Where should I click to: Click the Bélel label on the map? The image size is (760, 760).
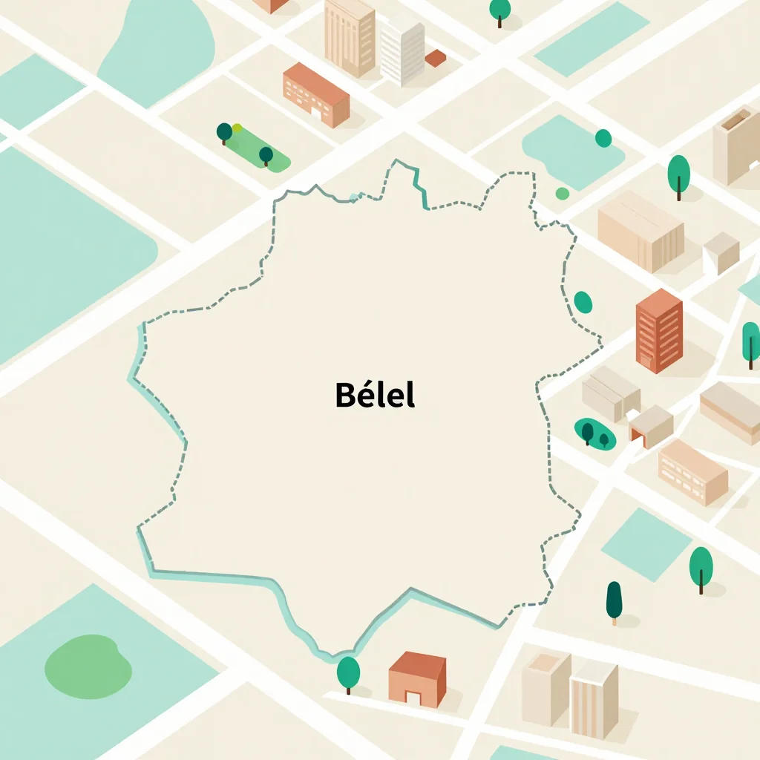coord(375,395)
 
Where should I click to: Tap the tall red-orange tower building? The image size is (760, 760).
coord(658,330)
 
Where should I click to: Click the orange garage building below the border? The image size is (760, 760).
coord(417,678)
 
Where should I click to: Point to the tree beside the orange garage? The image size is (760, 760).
coord(348,673)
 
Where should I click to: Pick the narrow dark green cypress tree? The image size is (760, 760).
coord(614,601)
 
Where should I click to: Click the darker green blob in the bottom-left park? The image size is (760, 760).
coord(88,661)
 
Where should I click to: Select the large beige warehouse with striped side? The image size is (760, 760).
coord(640,230)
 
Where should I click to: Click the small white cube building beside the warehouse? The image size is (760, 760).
coord(721,252)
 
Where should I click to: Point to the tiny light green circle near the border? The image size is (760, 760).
coord(563,194)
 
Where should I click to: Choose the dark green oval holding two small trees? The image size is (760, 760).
coord(594,433)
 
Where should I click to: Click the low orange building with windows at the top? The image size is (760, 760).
coord(315,94)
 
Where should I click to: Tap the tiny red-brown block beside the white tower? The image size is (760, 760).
coord(436,58)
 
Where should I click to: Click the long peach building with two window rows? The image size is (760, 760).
coord(692,471)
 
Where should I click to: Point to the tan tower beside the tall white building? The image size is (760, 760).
coord(349,37)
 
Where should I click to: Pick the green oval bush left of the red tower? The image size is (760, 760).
coord(583,302)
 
